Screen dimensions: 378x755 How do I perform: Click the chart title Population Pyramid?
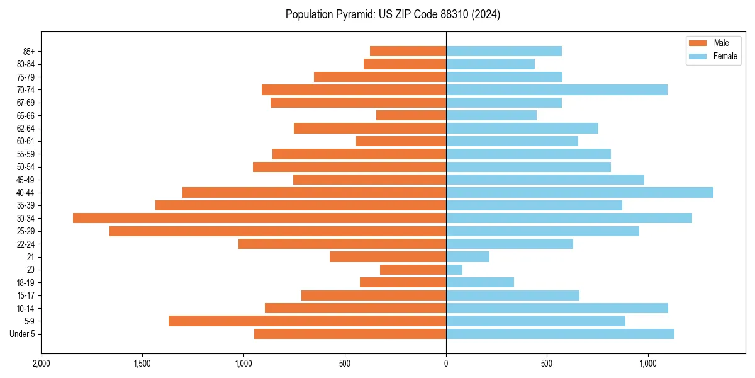click(x=393, y=14)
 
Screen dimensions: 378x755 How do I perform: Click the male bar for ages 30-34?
click(x=259, y=218)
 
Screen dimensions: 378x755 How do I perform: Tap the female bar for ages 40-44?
click(x=579, y=192)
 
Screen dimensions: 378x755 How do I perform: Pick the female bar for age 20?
click(x=454, y=270)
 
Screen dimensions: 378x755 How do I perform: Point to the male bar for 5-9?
click(x=307, y=321)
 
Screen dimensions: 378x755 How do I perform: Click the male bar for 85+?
click(x=408, y=51)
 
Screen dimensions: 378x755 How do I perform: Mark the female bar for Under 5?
click(x=560, y=334)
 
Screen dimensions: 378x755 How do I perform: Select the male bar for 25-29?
click(x=277, y=231)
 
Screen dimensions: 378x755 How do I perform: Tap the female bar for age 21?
click(x=467, y=256)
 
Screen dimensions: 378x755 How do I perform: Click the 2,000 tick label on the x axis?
click(x=42, y=364)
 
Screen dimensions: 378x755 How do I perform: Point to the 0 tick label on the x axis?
click(x=446, y=364)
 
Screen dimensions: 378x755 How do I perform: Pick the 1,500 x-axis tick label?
click(x=142, y=364)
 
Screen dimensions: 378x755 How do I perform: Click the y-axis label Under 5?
click(x=22, y=334)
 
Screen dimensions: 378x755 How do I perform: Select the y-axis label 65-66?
click(x=25, y=115)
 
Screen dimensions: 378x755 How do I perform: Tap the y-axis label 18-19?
click(x=25, y=282)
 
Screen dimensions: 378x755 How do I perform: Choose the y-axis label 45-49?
click(x=25, y=180)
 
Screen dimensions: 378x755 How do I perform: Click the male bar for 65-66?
click(x=411, y=115)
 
